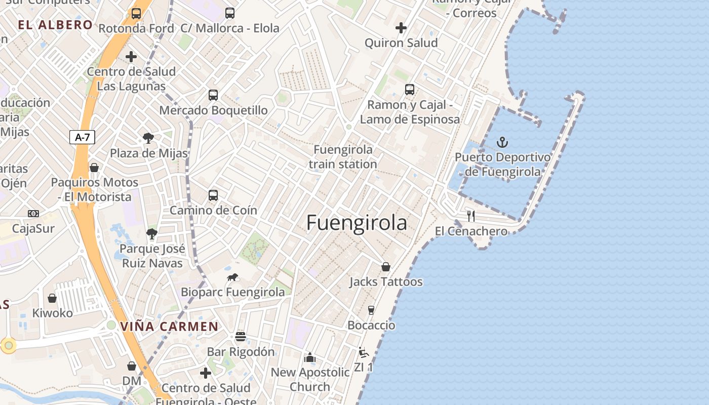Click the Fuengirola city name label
click(357, 223)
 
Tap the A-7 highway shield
click(82, 137)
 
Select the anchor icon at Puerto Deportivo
click(502, 142)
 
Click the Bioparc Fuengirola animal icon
click(233, 277)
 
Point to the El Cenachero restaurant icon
click(471, 216)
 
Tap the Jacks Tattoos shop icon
click(386, 267)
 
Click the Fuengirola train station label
click(343, 156)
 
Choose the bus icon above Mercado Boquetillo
click(213, 95)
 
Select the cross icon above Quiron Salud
click(401, 28)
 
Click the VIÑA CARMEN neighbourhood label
click(169, 327)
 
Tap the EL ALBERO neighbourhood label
click(55, 25)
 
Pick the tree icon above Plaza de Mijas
click(148, 138)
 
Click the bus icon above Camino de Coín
click(213, 195)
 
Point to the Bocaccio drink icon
click(371, 310)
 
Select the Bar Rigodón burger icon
click(241, 337)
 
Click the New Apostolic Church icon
click(310, 357)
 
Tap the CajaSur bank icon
click(33, 214)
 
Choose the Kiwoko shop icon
click(52, 298)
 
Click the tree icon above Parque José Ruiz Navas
click(151, 233)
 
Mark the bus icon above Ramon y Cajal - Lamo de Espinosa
click(410, 90)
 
